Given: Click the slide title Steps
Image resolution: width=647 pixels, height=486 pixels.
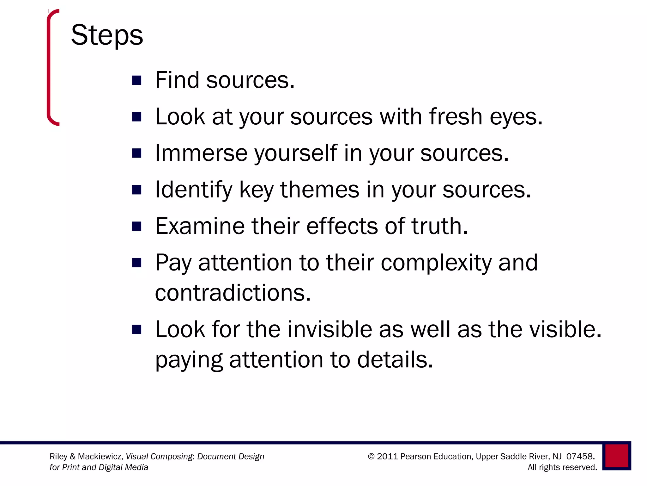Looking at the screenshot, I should click(x=107, y=35).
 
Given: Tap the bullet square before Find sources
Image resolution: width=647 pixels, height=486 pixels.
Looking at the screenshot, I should click(x=136, y=80).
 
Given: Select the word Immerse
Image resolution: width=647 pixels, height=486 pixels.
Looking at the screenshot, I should click(x=201, y=153).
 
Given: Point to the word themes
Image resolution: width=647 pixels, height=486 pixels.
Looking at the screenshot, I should click(x=320, y=190).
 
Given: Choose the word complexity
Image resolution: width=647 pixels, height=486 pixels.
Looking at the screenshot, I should click(x=436, y=263).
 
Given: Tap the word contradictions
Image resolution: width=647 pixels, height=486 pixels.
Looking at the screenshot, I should click(x=233, y=293).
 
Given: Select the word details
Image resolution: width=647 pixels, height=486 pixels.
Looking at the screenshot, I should click(x=395, y=360).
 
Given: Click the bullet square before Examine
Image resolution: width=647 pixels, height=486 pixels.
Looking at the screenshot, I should click(x=136, y=227).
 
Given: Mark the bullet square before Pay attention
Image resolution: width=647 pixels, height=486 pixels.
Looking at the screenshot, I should click(x=136, y=263).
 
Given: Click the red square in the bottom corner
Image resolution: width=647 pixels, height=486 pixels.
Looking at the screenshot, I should click(x=617, y=456).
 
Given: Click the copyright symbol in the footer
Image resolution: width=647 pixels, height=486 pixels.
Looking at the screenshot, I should click(x=371, y=457).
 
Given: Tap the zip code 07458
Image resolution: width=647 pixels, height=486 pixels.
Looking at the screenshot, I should click(x=580, y=457).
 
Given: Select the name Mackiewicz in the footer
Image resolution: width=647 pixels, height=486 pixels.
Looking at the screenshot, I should click(x=100, y=457).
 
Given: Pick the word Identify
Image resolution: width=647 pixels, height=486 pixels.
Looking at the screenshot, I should click(x=194, y=190).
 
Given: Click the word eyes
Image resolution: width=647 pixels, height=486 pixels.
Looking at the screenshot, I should click(x=516, y=117).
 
